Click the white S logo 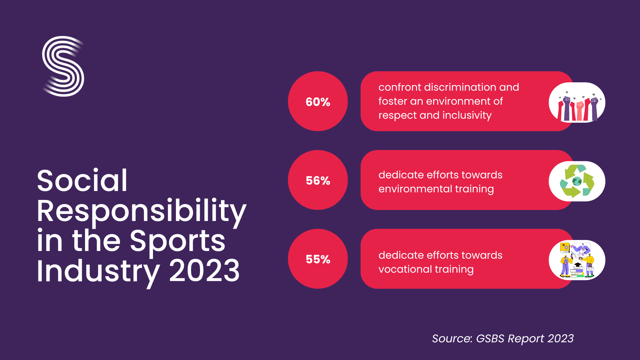pos(63,66)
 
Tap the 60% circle pos(318,101)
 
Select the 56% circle pos(318,180)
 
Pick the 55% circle pos(318,259)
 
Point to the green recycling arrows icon pos(577,181)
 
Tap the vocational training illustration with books pos(577,260)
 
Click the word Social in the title pos(82,181)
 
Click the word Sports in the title pos(177,241)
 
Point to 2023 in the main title pos(204,271)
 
